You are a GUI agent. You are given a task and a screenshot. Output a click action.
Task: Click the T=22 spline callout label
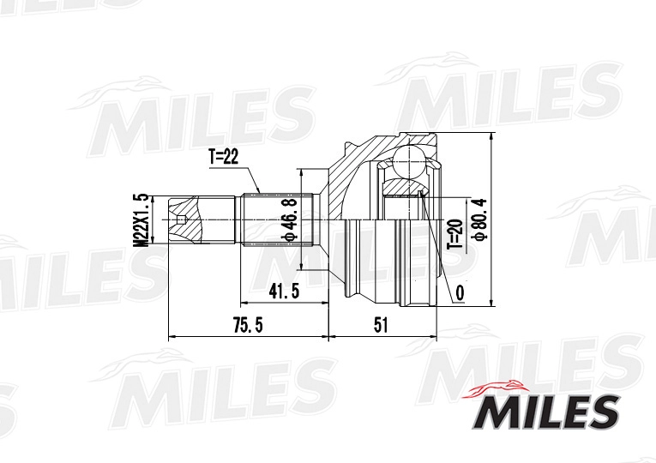point(225,156)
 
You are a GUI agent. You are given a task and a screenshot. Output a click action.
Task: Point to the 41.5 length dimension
point(283,292)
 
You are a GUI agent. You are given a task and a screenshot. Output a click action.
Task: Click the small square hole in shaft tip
point(180,220)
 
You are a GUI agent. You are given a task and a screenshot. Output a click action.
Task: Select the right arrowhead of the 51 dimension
point(436,337)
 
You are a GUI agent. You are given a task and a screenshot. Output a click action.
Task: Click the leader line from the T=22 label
point(252,178)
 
